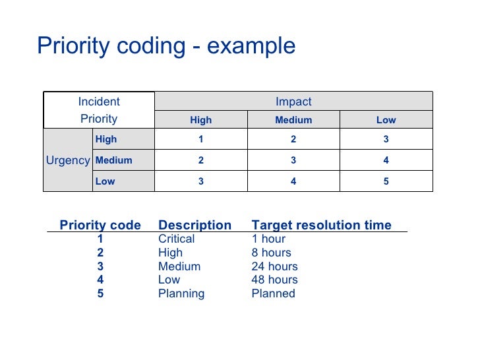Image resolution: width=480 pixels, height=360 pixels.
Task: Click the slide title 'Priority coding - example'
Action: click(x=166, y=47)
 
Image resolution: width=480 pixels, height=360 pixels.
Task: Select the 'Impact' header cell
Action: click(x=293, y=102)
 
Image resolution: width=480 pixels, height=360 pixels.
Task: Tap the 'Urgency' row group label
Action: click(x=68, y=160)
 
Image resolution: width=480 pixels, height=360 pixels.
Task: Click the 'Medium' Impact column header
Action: click(x=293, y=120)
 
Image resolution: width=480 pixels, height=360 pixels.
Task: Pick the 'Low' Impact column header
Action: click(x=386, y=120)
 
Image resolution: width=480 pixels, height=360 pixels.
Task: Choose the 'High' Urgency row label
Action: click(x=106, y=139)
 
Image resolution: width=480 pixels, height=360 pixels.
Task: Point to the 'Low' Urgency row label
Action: click(x=105, y=181)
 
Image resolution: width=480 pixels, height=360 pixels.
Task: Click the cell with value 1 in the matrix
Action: click(x=201, y=139)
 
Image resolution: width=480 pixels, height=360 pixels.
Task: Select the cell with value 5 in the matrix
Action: click(x=386, y=181)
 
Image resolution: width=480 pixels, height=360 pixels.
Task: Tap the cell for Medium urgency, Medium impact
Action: click(x=293, y=160)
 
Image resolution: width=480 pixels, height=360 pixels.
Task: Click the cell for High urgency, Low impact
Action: click(x=386, y=139)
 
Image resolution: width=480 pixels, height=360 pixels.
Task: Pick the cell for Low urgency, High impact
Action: click(x=201, y=181)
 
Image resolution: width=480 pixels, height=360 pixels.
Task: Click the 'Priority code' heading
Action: click(x=100, y=225)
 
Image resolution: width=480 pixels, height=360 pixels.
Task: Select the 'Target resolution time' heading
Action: click(x=322, y=225)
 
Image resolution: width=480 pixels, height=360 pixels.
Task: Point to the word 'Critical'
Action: click(x=177, y=239)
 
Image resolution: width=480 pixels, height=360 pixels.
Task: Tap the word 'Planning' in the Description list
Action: click(x=181, y=293)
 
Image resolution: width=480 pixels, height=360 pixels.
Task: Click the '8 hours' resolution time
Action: click(x=271, y=253)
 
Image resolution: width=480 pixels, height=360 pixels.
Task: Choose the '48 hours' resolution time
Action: click(x=274, y=280)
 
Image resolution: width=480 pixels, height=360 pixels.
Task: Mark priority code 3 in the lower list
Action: click(x=100, y=266)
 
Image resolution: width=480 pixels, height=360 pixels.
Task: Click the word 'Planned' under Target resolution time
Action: click(x=273, y=293)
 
